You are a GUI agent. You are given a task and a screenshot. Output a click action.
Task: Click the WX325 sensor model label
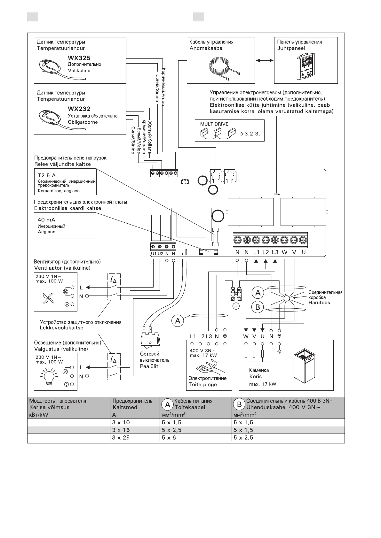(x=79, y=58)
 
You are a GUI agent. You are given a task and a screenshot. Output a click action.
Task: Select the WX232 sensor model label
(x=79, y=109)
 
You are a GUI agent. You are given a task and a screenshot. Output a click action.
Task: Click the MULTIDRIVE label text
(x=214, y=124)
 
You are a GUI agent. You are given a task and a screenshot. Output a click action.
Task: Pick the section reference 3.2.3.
(x=252, y=134)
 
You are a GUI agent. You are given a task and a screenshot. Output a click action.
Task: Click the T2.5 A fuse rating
(x=47, y=175)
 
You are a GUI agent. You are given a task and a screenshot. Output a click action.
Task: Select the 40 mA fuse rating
(x=46, y=220)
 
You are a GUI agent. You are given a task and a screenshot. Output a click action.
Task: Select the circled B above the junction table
(x=258, y=307)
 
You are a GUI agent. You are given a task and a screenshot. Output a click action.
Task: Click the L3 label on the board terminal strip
(x=275, y=252)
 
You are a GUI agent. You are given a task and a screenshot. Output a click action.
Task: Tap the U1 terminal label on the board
(x=154, y=254)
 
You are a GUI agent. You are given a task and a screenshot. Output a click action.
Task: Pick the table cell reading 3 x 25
(x=121, y=438)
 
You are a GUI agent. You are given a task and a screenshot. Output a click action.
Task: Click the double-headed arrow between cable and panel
(x=265, y=60)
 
